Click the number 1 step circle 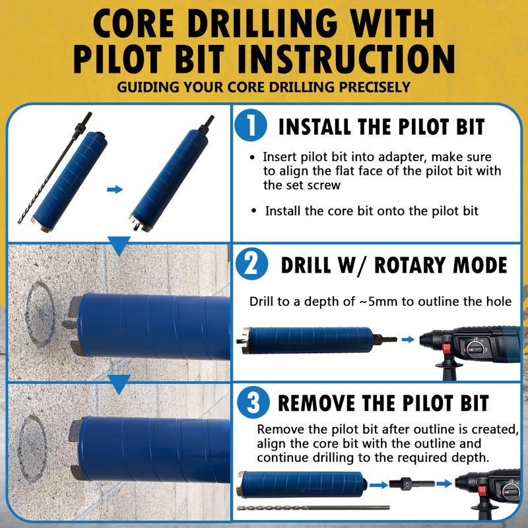pyautogui.click(x=251, y=126)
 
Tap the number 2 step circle pyautogui.click(x=251, y=265)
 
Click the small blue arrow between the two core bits pyautogui.click(x=115, y=189)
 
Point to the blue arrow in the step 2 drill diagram pyautogui.click(x=409, y=339)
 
